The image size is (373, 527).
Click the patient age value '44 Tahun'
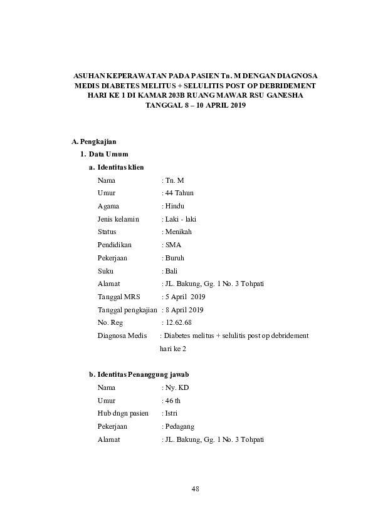tap(180, 193)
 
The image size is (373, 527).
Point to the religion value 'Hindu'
tap(175, 206)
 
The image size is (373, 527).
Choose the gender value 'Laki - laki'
tap(181, 219)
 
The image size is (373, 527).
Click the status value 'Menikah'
tap(179, 232)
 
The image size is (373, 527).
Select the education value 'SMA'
tap(173, 245)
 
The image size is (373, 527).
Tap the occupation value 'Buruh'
tap(175, 258)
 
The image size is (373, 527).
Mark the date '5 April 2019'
tap(185, 297)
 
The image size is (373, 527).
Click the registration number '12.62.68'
tap(179, 322)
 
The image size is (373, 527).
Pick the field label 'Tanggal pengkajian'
tap(127, 310)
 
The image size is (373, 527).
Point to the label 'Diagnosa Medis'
tap(122, 335)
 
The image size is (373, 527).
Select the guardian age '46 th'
tap(173, 401)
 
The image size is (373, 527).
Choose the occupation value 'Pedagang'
tap(180, 426)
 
